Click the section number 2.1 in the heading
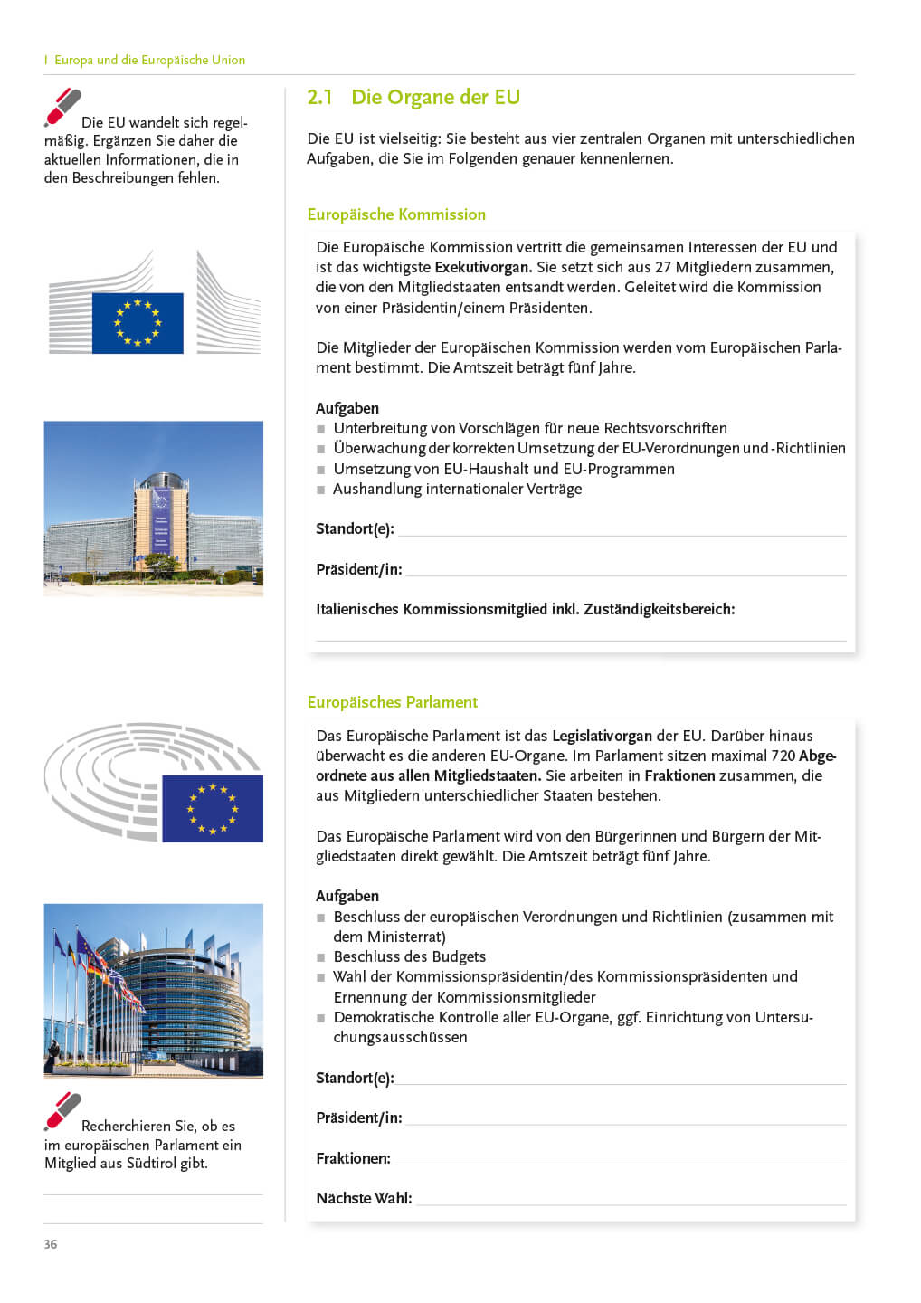pyautogui.click(x=319, y=98)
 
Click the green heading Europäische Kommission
pyautogui.click(x=396, y=214)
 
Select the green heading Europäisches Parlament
pyautogui.click(x=392, y=702)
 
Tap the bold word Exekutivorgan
pyautogui.click(x=483, y=268)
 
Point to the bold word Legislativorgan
pyautogui.click(x=602, y=737)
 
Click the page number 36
pyautogui.click(x=51, y=1244)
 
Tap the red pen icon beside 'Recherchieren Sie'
pyautogui.click(x=62, y=1112)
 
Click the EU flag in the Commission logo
pyautogui.click(x=138, y=323)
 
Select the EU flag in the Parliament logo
pyautogui.click(x=213, y=808)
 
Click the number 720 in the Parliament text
pyautogui.click(x=783, y=756)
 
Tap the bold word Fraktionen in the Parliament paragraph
pyautogui.click(x=679, y=776)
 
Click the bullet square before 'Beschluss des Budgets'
pyautogui.click(x=320, y=957)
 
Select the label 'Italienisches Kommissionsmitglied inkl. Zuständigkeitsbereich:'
pyautogui.click(x=525, y=610)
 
